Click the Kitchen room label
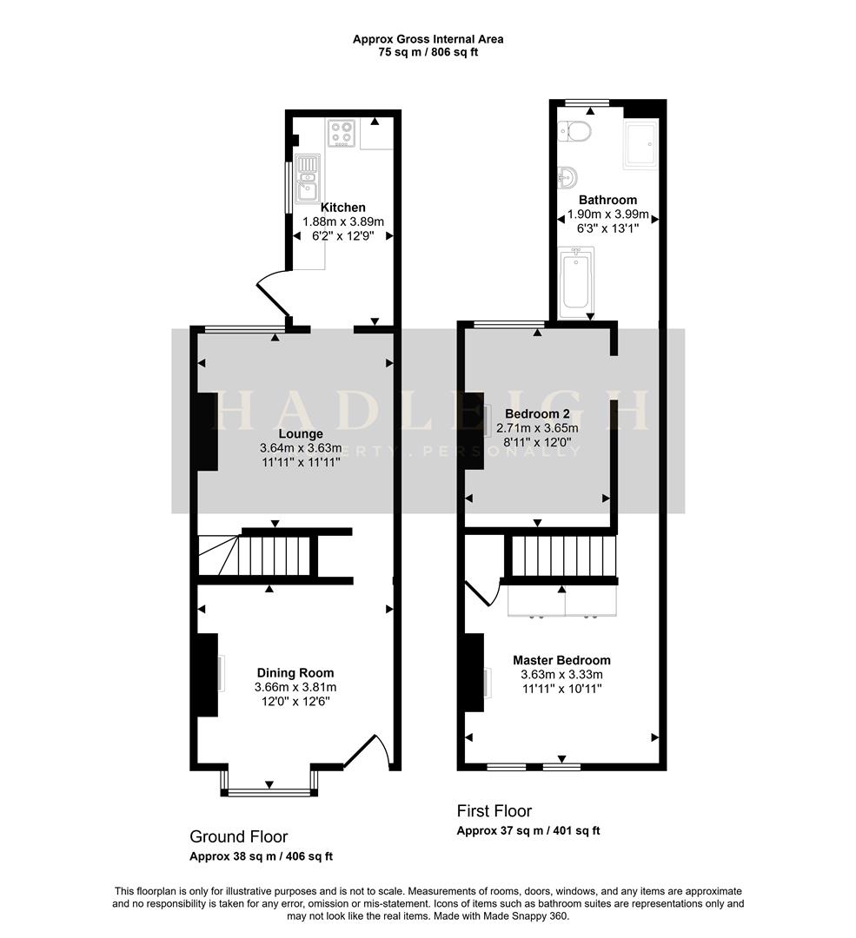tap(342, 208)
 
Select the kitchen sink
tap(308, 178)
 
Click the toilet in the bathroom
tap(576, 131)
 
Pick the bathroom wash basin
tap(567, 178)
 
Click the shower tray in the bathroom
tap(640, 145)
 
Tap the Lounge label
tap(301, 433)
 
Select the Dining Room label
tap(295, 672)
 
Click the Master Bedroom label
tap(561, 660)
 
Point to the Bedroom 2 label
tap(536, 413)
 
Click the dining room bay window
tap(269, 790)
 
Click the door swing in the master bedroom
tap(481, 593)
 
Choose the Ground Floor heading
tap(238, 836)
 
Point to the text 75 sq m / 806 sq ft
tap(428, 52)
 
